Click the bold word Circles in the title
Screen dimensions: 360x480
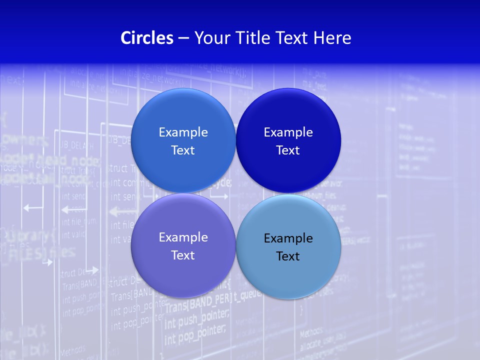tap(147, 38)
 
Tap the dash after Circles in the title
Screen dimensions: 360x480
tap(183, 38)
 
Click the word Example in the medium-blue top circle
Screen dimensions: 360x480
tap(183, 132)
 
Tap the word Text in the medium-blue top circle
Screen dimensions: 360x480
tap(183, 150)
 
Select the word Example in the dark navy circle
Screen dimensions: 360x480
tap(288, 132)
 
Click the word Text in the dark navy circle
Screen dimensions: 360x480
tap(288, 150)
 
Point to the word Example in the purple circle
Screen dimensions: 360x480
tap(183, 237)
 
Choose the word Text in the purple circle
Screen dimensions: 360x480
tap(183, 255)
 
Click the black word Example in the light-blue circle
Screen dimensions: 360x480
tap(288, 238)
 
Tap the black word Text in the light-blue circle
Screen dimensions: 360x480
tap(288, 256)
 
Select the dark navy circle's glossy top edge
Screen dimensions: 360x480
tap(288, 90)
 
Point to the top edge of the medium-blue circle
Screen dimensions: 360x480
tap(183, 90)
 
